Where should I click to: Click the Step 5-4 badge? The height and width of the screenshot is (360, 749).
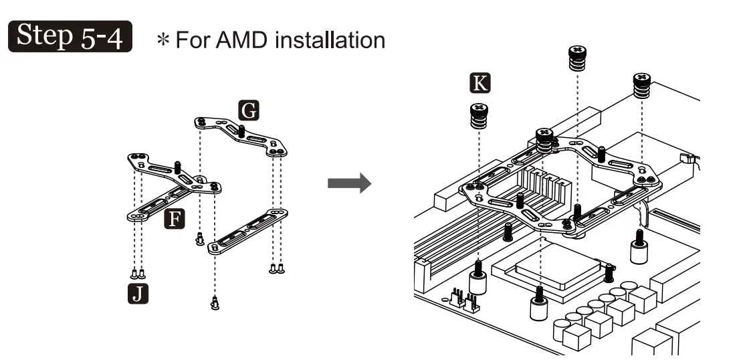[x=70, y=36]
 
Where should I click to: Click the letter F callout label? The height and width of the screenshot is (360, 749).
[x=175, y=219]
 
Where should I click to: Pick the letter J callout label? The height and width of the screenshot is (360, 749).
[x=138, y=293]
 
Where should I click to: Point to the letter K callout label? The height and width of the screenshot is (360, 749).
[x=479, y=83]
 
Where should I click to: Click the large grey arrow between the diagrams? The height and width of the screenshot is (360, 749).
[x=349, y=183]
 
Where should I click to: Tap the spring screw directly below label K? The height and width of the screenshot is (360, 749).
[x=479, y=116]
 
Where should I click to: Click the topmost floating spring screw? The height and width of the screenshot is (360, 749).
[x=578, y=58]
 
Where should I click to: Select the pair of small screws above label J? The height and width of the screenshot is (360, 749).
[x=138, y=274]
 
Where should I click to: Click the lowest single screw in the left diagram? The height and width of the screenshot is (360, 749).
[x=215, y=302]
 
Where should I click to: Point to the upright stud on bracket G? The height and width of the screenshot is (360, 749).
[x=241, y=130]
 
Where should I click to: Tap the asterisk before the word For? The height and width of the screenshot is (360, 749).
[x=163, y=39]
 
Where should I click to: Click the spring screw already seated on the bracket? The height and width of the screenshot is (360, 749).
[x=544, y=141]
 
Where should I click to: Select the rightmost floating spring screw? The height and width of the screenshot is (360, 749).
[x=642, y=86]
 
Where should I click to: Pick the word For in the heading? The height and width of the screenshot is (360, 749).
[x=193, y=39]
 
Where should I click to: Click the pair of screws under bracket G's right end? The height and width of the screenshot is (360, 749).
[x=277, y=269]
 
